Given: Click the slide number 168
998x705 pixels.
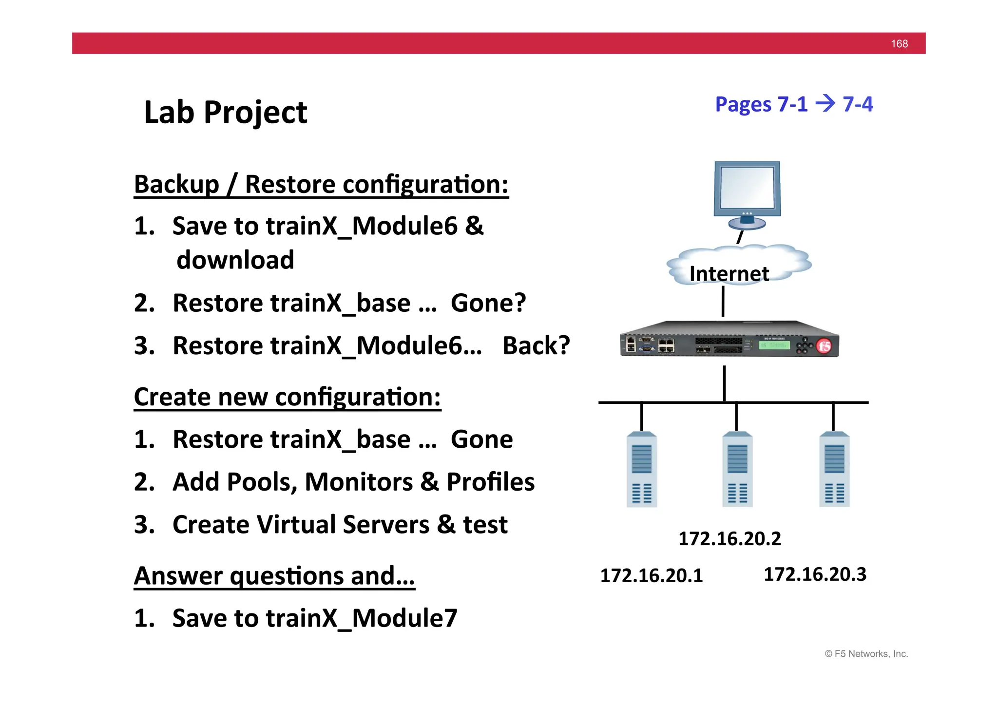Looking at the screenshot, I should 899,44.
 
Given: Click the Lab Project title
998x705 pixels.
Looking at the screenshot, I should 226,113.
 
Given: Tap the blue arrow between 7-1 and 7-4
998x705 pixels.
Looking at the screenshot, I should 825,103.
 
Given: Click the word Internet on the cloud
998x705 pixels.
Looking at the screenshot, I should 729,273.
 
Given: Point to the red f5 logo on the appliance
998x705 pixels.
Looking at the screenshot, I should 824,346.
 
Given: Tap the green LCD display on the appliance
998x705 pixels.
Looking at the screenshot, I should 774,345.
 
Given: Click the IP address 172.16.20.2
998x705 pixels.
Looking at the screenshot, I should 729,538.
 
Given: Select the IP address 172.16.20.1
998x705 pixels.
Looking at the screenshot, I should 651,575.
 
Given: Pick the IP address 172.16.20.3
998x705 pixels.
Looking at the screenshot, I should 815,574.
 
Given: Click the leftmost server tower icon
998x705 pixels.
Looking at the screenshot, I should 641,470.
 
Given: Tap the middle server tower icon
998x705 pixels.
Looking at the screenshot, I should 737,470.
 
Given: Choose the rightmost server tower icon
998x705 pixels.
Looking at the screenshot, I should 834,470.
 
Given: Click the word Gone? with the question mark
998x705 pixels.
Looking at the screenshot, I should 488,303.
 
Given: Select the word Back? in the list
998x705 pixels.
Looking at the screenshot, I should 536,345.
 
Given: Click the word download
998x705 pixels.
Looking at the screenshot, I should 235,260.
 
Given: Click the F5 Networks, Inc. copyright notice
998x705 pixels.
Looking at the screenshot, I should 866,654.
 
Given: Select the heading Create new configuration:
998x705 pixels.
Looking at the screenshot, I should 287,397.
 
